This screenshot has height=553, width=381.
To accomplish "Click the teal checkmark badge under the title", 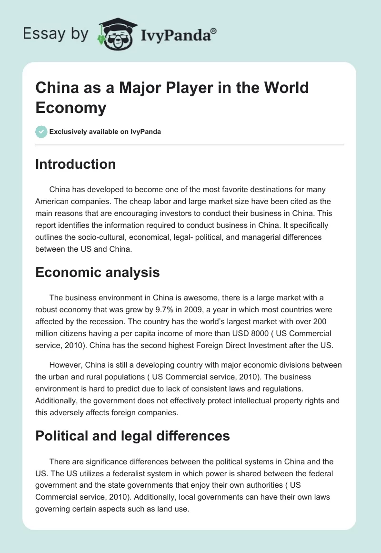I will point(41,132).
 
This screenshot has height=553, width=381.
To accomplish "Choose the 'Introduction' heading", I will point(76,164).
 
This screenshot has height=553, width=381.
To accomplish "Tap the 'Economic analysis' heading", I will point(98,272).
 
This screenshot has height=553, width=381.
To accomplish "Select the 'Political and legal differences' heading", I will point(133,435).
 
